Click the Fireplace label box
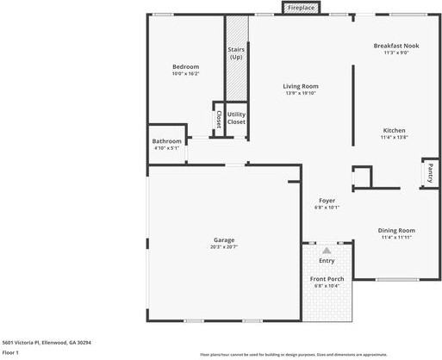301,8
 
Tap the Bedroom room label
185,67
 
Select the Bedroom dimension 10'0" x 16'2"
185,75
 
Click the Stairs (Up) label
236,53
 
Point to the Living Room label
301,86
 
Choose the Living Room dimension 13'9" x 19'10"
301,94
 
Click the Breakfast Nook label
396,46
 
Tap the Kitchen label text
394,131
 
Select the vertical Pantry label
428,173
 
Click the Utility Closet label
236,118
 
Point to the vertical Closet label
219,120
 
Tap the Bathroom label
166,141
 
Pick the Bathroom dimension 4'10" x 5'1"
166,148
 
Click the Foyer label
327,200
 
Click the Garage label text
224,239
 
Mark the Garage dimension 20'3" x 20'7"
224,247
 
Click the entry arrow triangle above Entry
327,250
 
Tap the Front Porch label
327,279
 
